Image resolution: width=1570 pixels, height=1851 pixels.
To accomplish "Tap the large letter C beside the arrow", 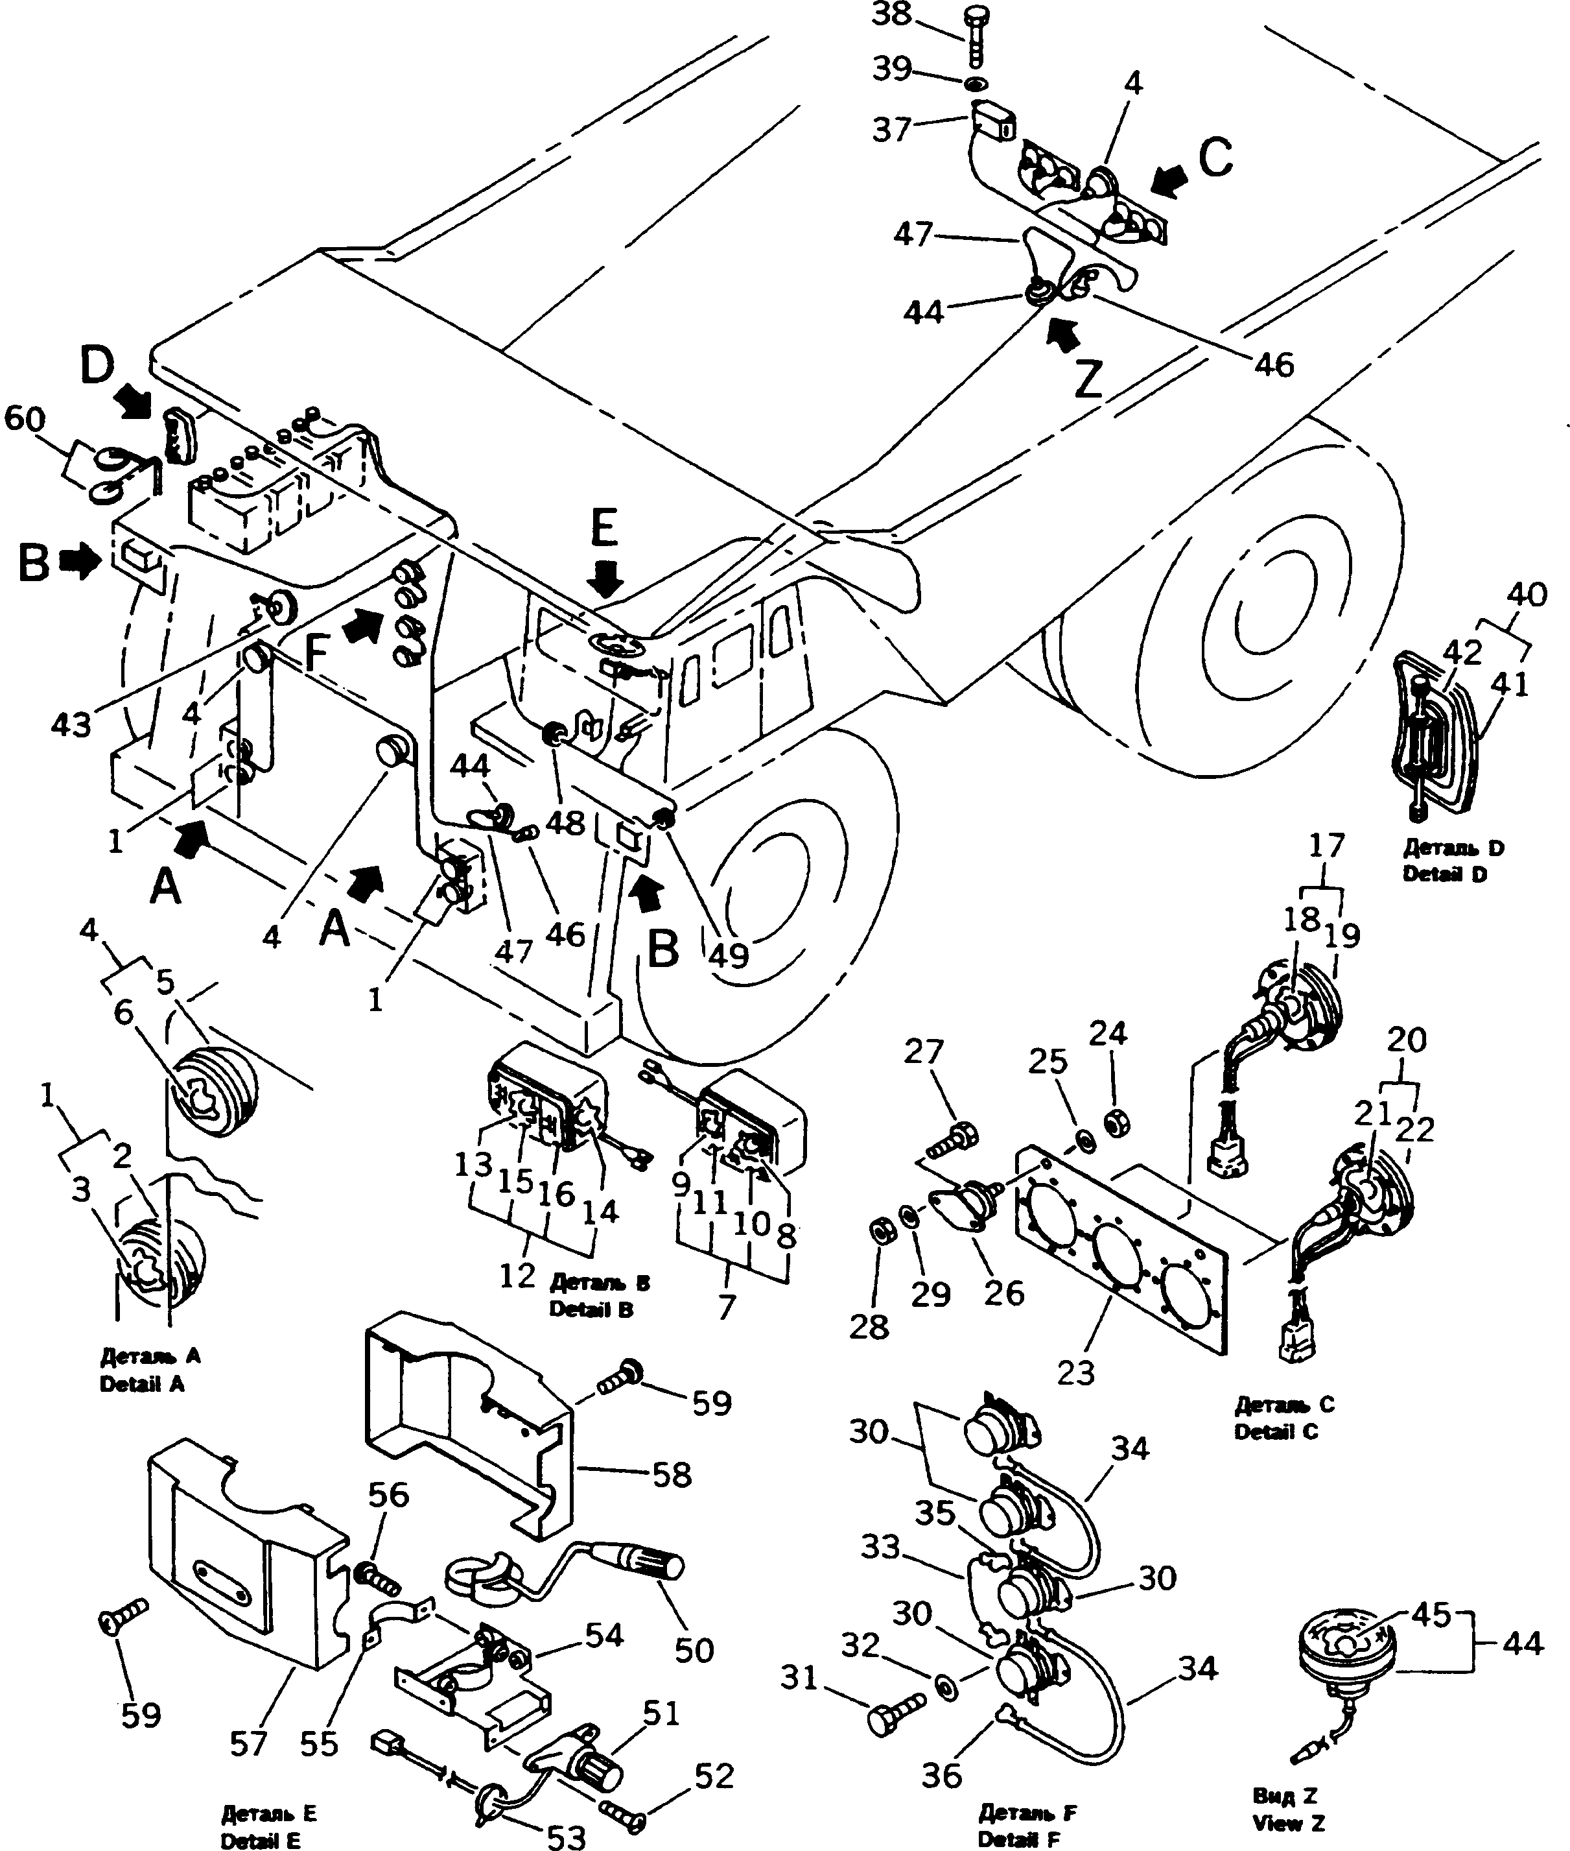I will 1215,158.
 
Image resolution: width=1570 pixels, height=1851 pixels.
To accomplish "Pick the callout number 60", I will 24,418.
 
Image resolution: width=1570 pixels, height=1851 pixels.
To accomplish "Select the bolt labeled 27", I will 952,1141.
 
